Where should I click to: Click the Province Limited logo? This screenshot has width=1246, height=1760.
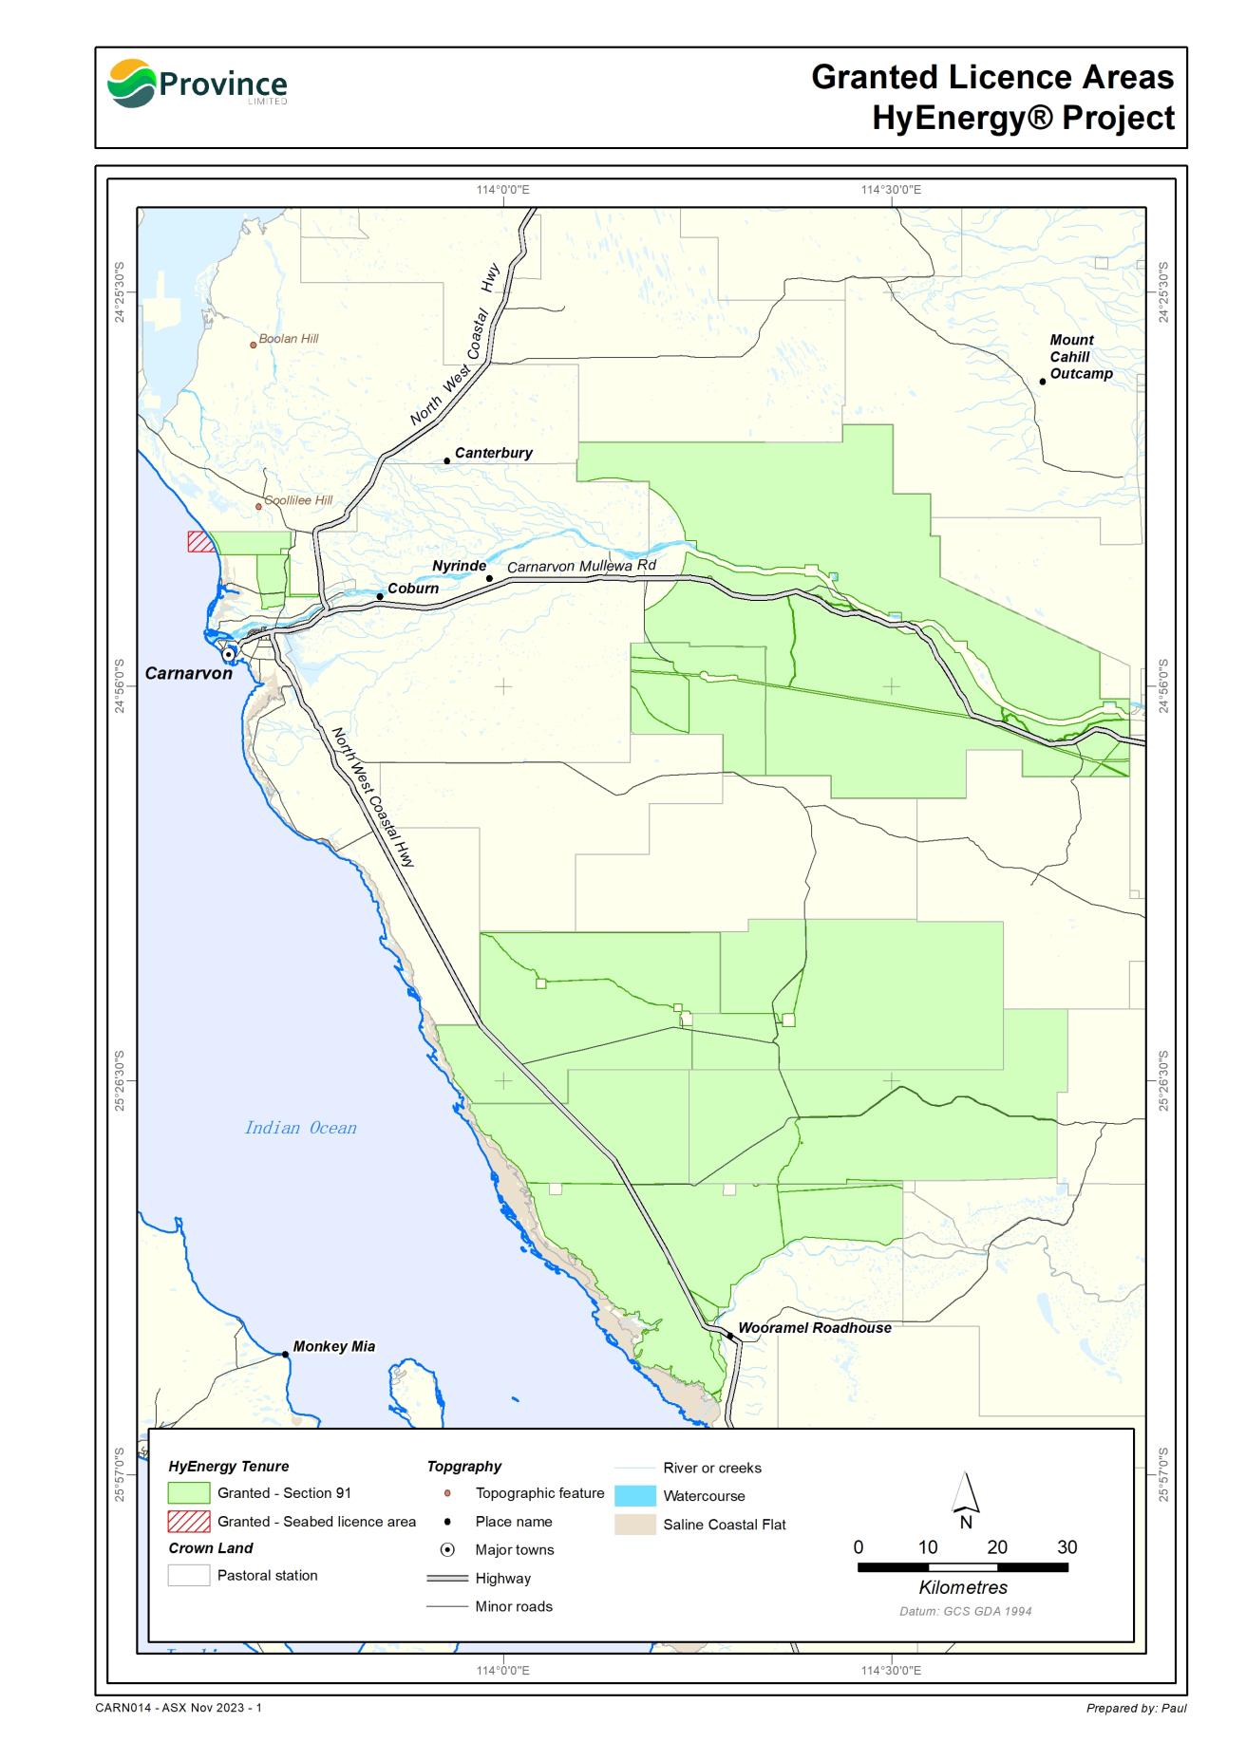(197, 84)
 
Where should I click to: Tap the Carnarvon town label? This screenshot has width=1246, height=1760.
(188, 673)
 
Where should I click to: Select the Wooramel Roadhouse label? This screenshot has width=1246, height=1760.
(814, 1328)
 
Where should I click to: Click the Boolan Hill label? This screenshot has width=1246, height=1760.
(289, 339)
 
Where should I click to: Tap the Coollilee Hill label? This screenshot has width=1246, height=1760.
(298, 500)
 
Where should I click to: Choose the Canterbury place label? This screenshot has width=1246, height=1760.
(493, 453)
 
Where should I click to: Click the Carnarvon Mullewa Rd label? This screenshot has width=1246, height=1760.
(581, 566)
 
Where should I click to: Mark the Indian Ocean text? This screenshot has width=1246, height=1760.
(300, 1128)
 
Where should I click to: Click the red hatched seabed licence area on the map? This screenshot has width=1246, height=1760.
(199, 541)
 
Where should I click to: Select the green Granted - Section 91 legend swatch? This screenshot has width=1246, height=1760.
(188, 1493)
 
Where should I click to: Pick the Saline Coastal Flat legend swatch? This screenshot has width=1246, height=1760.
(635, 1525)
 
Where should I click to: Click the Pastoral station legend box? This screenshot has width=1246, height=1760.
(188, 1575)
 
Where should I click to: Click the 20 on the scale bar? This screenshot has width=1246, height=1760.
(997, 1547)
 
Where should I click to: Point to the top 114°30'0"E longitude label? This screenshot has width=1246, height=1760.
(890, 190)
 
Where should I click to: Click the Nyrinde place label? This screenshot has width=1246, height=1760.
(459, 566)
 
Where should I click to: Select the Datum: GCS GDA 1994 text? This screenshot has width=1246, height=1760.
(965, 1611)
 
